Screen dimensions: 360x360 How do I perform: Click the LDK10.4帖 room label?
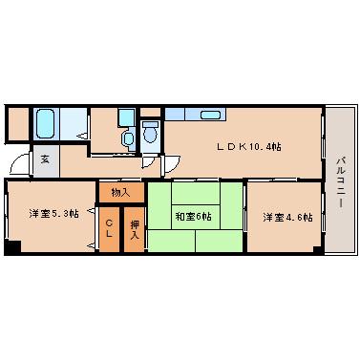[248, 146]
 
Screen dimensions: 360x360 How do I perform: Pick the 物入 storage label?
[120, 192]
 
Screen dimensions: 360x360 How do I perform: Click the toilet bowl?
[150, 135]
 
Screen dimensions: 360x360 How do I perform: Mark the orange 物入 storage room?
[120, 191]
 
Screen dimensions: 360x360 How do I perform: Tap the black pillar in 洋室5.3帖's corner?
[11, 249]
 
